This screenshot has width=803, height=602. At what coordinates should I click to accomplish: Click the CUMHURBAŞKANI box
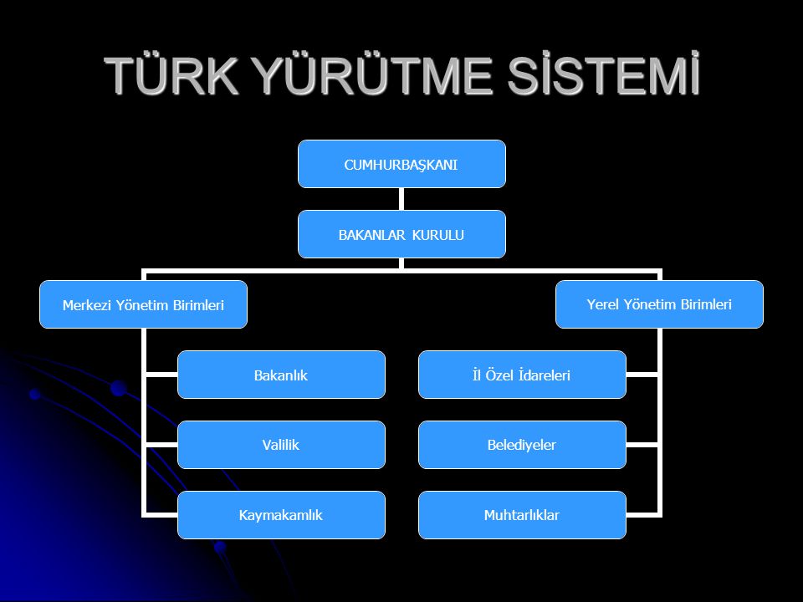click(401, 164)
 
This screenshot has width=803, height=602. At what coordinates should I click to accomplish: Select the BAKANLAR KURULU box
click(401, 234)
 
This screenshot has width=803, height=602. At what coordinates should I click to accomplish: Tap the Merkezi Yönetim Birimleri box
click(144, 304)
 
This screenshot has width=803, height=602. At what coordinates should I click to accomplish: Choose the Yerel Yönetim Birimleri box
click(660, 304)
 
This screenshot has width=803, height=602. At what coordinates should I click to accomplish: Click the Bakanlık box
click(281, 375)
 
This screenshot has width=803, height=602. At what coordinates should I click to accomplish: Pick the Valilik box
click(281, 445)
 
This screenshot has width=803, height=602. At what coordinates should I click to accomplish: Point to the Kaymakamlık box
click(281, 515)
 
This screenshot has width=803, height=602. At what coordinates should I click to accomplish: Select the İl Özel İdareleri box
click(522, 375)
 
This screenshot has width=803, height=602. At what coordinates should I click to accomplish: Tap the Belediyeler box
click(522, 445)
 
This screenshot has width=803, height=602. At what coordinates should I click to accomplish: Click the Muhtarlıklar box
click(522, 515)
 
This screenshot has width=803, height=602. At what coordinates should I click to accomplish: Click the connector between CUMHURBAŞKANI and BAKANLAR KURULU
click(401, 199)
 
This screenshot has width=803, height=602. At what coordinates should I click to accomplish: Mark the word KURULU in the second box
click(440, 235)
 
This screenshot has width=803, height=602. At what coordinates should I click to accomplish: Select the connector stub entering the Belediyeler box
click(642, 445)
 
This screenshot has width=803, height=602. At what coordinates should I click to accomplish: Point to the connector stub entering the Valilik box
click(161, 445)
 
